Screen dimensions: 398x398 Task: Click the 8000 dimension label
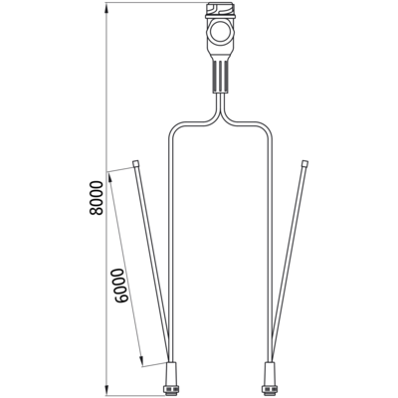click(97, 198)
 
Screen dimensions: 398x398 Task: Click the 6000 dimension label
click(119, 286)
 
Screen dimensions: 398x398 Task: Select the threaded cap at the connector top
click(221, 8)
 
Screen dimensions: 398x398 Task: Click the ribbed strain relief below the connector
click(221, 78)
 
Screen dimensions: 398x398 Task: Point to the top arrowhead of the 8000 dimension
click(106, 7)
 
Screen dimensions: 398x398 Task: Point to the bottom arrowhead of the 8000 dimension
click(106, 390)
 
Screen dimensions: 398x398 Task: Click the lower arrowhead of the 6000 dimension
click(141, 361)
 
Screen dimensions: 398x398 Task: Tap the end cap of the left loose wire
click(135, 163)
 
